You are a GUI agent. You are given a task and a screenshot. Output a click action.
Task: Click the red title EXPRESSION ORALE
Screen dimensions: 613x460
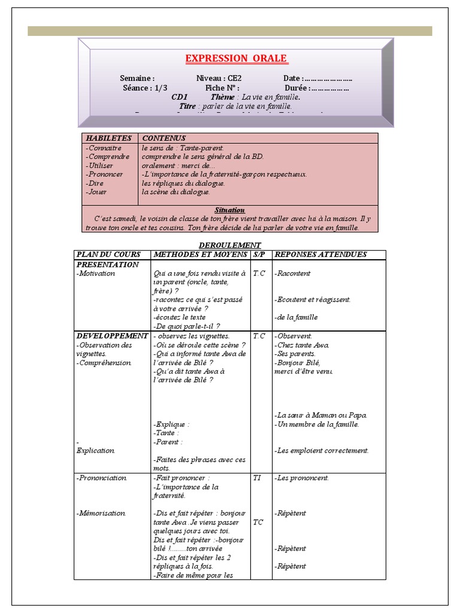click(236, 58)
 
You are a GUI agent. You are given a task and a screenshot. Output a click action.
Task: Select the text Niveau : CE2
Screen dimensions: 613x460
click(219, 78)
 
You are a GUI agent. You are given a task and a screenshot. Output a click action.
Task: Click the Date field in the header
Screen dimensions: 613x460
click(317, 78)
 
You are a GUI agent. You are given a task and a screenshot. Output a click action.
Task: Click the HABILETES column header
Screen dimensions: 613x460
click(108, 138)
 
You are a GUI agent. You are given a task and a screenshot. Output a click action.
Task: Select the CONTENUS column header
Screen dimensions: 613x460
click(164, 138)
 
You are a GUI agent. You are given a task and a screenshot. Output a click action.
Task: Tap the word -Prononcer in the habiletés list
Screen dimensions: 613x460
click(104, 174)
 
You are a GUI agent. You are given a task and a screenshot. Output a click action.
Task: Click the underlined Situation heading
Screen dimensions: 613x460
click(229, 210)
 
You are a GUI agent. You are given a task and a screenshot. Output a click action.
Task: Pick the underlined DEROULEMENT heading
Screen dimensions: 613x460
click(229, 245)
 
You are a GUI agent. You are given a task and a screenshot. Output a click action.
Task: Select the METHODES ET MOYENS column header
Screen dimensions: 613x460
click(200, 254)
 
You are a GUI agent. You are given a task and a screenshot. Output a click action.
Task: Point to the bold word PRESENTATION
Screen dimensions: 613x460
click(107, 264)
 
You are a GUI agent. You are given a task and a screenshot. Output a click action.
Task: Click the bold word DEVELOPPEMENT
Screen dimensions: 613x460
click(111, 336)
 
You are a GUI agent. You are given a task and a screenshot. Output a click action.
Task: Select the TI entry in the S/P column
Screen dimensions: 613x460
click(257, 478)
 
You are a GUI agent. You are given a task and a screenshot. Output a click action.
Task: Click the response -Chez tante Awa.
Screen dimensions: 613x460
click(302, 345)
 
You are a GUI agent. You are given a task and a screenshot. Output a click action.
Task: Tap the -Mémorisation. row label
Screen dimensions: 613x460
click(101, 513)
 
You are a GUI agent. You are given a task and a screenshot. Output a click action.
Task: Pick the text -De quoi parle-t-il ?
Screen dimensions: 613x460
click(186, 326)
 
